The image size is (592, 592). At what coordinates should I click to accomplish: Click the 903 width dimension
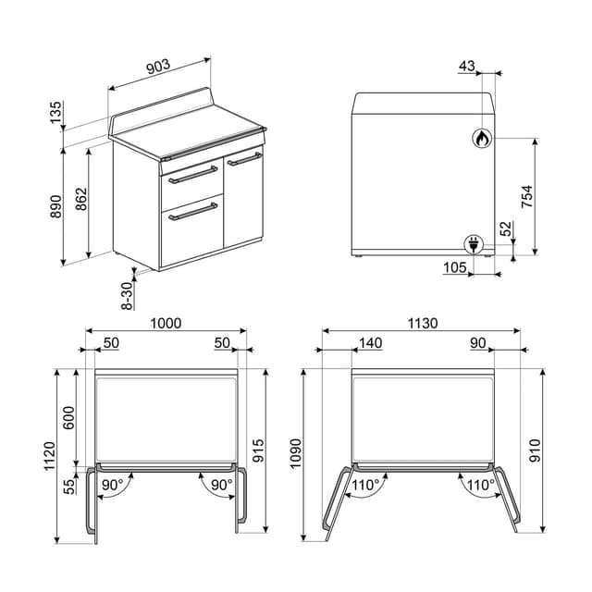pyautogui.click(x=158, y=66)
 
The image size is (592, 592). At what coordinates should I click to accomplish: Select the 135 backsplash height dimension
pyautogui.click(x=56, y=114)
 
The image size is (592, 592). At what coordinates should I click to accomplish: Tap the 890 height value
pyautogui.click(x=56, y=203)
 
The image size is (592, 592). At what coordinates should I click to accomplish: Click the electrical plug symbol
pyautogui.click(x=473, y=244)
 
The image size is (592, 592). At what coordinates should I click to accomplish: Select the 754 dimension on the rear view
pyautogui.click(x=527, y=197)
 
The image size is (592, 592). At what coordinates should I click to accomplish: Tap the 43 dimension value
pyautogui.click(x=466, y=66)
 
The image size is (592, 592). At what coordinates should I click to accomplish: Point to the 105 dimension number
pyautogui.click(x=453, y=268)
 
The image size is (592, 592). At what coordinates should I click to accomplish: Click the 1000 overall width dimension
pyautogui.click(x=165, y=324)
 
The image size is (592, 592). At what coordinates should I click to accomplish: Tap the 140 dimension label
pyautogui.click(x=369, y=343)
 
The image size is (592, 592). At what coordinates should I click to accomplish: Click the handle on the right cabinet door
pyautogui.click(x=245, y=159)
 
